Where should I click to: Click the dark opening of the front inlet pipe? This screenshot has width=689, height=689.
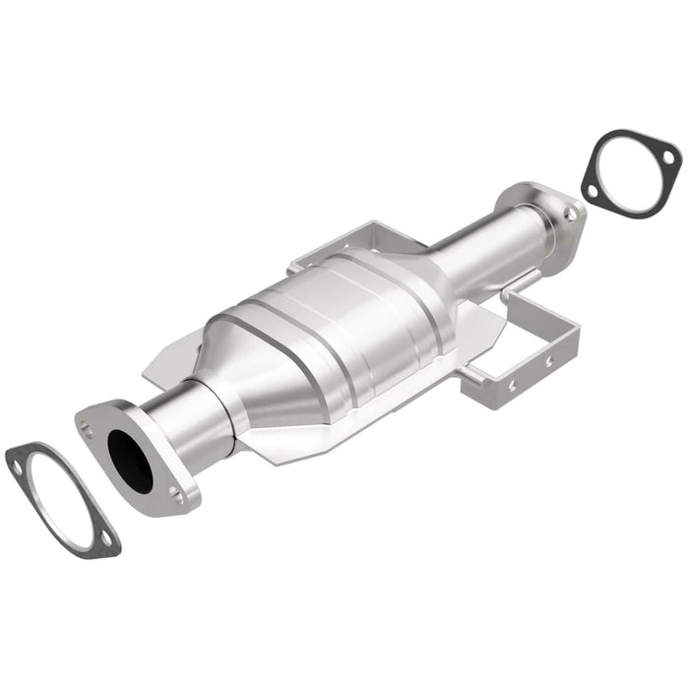point(130,461)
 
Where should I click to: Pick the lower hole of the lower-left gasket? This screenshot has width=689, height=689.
point(102,537)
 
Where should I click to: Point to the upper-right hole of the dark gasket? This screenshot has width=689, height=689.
point(666,157)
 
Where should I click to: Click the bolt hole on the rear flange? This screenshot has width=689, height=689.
point(568,212)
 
